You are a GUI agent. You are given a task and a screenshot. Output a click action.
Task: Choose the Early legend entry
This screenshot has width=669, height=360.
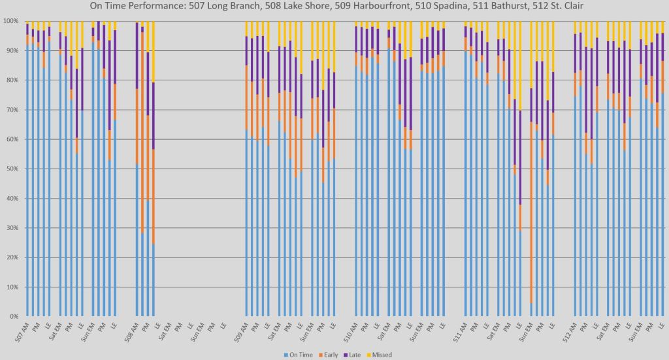coord(329,355)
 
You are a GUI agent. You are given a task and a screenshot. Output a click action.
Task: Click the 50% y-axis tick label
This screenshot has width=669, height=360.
coord(12,169)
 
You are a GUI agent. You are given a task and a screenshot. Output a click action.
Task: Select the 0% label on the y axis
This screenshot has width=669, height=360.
coord(14,316)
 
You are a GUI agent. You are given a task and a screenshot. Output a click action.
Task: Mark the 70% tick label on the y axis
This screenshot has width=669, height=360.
coord(12,110)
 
